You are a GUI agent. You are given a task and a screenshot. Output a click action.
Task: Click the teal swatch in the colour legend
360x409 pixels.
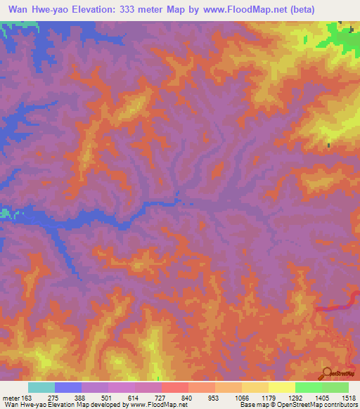click(x=41, y=387)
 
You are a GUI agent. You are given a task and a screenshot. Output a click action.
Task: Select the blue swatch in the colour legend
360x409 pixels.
click(x=68, y=387)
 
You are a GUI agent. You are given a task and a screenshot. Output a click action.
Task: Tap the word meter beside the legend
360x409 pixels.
click(x=11, y=398)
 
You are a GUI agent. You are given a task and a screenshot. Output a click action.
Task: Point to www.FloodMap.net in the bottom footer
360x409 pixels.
click(x=154, y=405)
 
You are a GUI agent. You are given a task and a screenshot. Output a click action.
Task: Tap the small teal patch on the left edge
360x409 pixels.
click(x=6, y=212)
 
